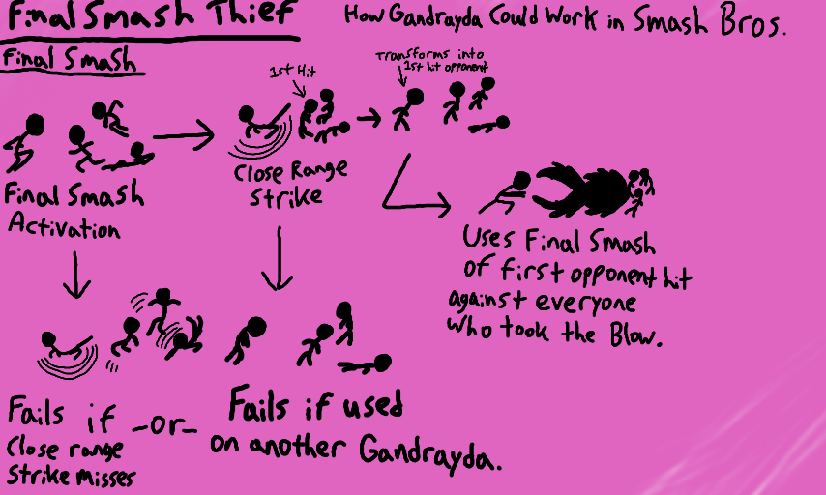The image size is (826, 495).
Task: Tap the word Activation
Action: tap(64, 230)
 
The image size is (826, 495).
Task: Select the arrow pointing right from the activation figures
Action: tap(184, 136)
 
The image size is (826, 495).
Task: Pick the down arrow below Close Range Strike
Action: tap(279, 259)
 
